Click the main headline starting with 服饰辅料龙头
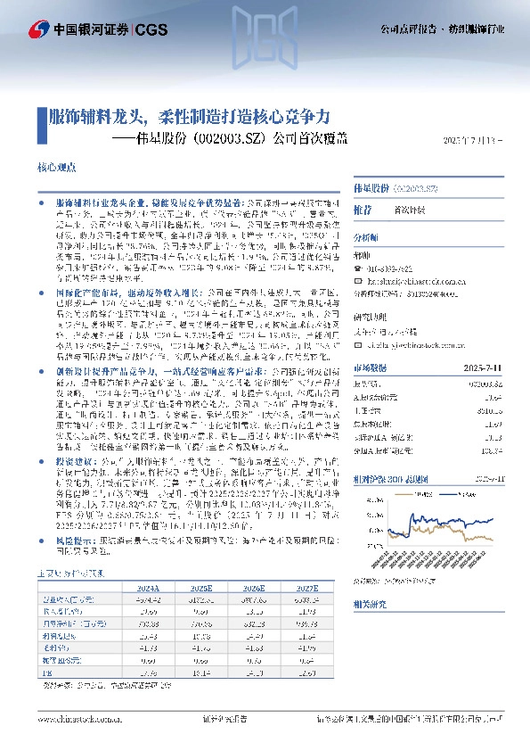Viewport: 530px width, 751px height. [189, 117]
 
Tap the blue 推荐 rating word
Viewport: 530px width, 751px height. [363, 209]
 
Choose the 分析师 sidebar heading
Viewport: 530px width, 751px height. [366, 238]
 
